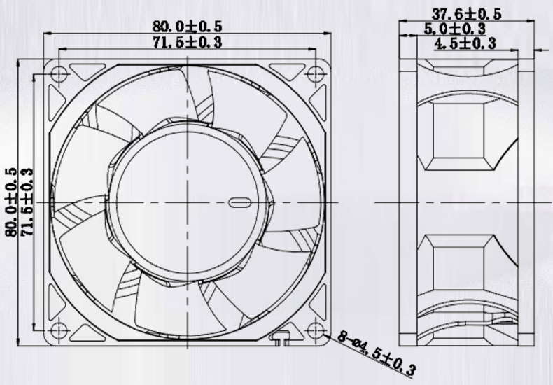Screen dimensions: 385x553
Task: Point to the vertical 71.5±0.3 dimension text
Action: click(x=27, y=202)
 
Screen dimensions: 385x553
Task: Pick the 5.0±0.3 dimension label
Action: click(x=455, y=29)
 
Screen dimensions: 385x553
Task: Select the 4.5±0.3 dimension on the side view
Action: click(x=465, y=43)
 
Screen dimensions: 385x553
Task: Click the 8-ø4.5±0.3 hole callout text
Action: click(x=377, y=354)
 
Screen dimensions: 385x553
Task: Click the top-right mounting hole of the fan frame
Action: click(x=317, y=73)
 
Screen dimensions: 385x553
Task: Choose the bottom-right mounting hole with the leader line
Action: click(x=317, y=330)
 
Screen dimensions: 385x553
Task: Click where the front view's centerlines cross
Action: click(x=188, y=202)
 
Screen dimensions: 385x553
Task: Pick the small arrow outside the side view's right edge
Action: click(x=540, y=50)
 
